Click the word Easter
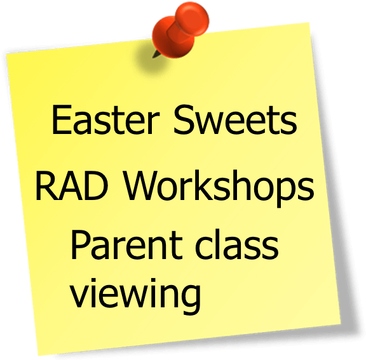[105, 119]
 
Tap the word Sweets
[235, 119]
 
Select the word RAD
[72, 185]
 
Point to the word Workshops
[219, 189]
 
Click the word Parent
[126, 245]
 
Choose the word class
[237, 244]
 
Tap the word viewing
[135, 297]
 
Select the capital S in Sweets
[184, 120]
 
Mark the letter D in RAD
[97, 185]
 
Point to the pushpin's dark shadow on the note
[149, 58]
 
